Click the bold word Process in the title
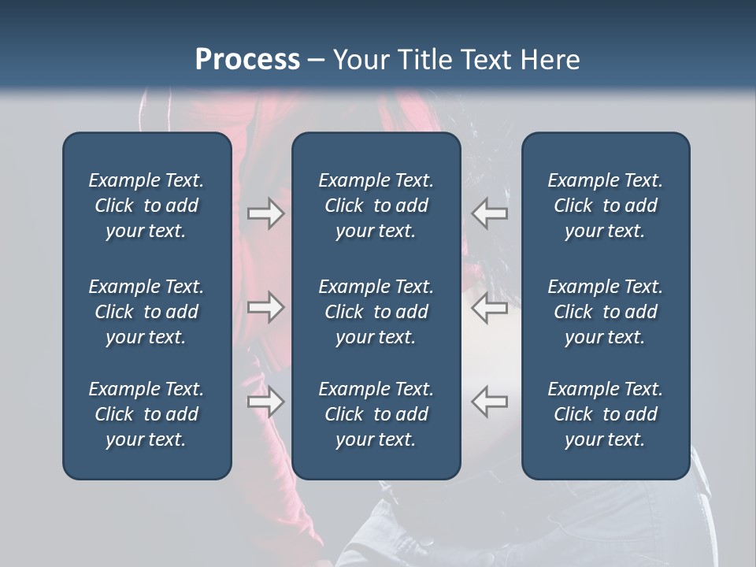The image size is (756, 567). tap(247, 60)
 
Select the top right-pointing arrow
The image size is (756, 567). tap(266, 213)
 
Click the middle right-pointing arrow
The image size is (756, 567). tap(266, 307)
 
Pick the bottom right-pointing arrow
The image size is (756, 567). tap(266, 402)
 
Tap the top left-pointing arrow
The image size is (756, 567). tap(490, 213)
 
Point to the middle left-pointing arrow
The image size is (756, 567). tap(490, 307)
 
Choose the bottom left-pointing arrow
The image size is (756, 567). tap(490, 402)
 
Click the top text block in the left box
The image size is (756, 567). tap(146, 206)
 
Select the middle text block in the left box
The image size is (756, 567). tap(146, 312)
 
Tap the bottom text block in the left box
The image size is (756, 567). tap(146, 414)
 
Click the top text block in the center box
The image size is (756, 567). tap(376, 206)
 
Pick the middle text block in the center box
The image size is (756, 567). tap(376, 312)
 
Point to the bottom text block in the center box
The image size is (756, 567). tap(376, 414)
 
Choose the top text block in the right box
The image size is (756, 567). tap(605, 206)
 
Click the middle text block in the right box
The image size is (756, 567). tap(605, 312)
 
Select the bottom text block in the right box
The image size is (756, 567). tap(605, 414)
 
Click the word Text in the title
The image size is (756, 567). tap(484, 60)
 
